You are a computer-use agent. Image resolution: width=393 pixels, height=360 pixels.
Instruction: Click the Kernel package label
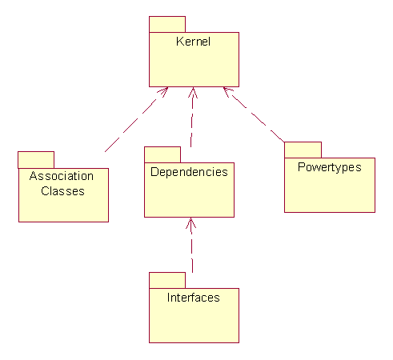click(x=193, y=42)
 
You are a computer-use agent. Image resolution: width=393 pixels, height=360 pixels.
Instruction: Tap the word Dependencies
click(x=189, y=172)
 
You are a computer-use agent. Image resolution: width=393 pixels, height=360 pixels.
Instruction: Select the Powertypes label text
click(x=330, y=168)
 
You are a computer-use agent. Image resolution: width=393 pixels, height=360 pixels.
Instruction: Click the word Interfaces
click(x=194, y=298)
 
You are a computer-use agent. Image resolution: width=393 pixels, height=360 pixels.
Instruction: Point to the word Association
click(x=62, y=176)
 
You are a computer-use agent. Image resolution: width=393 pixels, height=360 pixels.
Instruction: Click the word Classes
click(x=62, y=191)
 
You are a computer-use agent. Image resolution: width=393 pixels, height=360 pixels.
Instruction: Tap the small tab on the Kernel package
click(x=167, y=24)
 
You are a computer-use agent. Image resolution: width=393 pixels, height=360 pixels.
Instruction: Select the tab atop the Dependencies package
click(x=162, y=154)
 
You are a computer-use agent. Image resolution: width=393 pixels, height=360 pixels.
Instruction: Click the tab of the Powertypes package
click(x=303, y=150)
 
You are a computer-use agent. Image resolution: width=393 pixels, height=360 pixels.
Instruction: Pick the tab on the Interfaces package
click(x=167, y=280)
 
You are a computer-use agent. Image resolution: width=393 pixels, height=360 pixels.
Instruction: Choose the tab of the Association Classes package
click(x=36, y=160)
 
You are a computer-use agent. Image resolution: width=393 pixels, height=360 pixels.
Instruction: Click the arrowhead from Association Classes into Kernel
click(x=163, y=91)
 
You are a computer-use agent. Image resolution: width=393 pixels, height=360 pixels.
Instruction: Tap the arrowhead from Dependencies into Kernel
click(x=193, y=92)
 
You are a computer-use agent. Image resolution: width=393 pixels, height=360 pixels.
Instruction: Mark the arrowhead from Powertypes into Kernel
click(x=227, y=91)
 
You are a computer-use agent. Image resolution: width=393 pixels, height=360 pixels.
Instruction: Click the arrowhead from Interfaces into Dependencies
click(x=190, y=223)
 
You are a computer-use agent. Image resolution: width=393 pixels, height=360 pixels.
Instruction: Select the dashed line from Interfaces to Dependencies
click(x=191, y=245)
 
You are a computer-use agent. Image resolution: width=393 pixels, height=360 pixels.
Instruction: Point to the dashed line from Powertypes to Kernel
click(x=254, y=114)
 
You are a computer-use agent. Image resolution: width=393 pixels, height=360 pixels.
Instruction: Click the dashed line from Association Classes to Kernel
click(x=136, y=119)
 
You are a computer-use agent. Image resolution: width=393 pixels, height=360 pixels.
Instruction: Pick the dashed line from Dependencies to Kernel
click(x=192, y=117)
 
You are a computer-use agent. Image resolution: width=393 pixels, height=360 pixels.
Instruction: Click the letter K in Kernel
click(x=179, y=42)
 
